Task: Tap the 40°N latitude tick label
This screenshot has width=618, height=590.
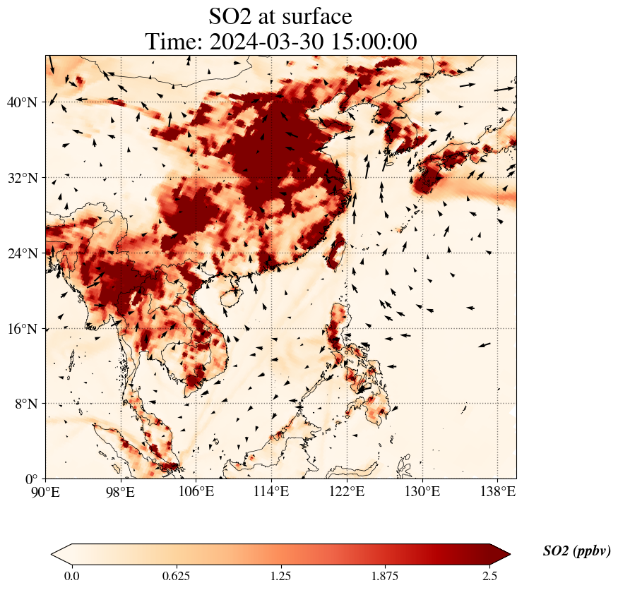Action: coord(21,102)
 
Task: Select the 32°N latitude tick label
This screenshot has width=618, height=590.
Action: coord(21,178)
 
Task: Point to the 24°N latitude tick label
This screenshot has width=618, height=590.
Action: coord(21,253)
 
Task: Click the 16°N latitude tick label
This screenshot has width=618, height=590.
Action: coord(21,329)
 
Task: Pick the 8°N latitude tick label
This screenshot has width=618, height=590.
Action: coord(24,404)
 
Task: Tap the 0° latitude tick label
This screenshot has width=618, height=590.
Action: coord(30,479)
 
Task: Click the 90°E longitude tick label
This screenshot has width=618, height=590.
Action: coord(46,492)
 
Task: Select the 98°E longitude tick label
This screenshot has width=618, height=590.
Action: coord(121,492)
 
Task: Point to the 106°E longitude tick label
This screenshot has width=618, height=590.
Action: coord(196,492)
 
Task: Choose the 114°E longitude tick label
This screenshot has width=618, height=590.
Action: coord(272,492)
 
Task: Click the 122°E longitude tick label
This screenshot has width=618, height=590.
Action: coord(347,492)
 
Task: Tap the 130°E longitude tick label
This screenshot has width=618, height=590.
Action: coord(422,492)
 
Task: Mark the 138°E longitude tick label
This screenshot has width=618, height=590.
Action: coord(497,492)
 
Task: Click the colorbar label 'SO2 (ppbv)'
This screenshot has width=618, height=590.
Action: coord(576,551)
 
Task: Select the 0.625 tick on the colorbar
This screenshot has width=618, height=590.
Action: coord(176,576)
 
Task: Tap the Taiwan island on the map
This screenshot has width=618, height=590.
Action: coord(337,249)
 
